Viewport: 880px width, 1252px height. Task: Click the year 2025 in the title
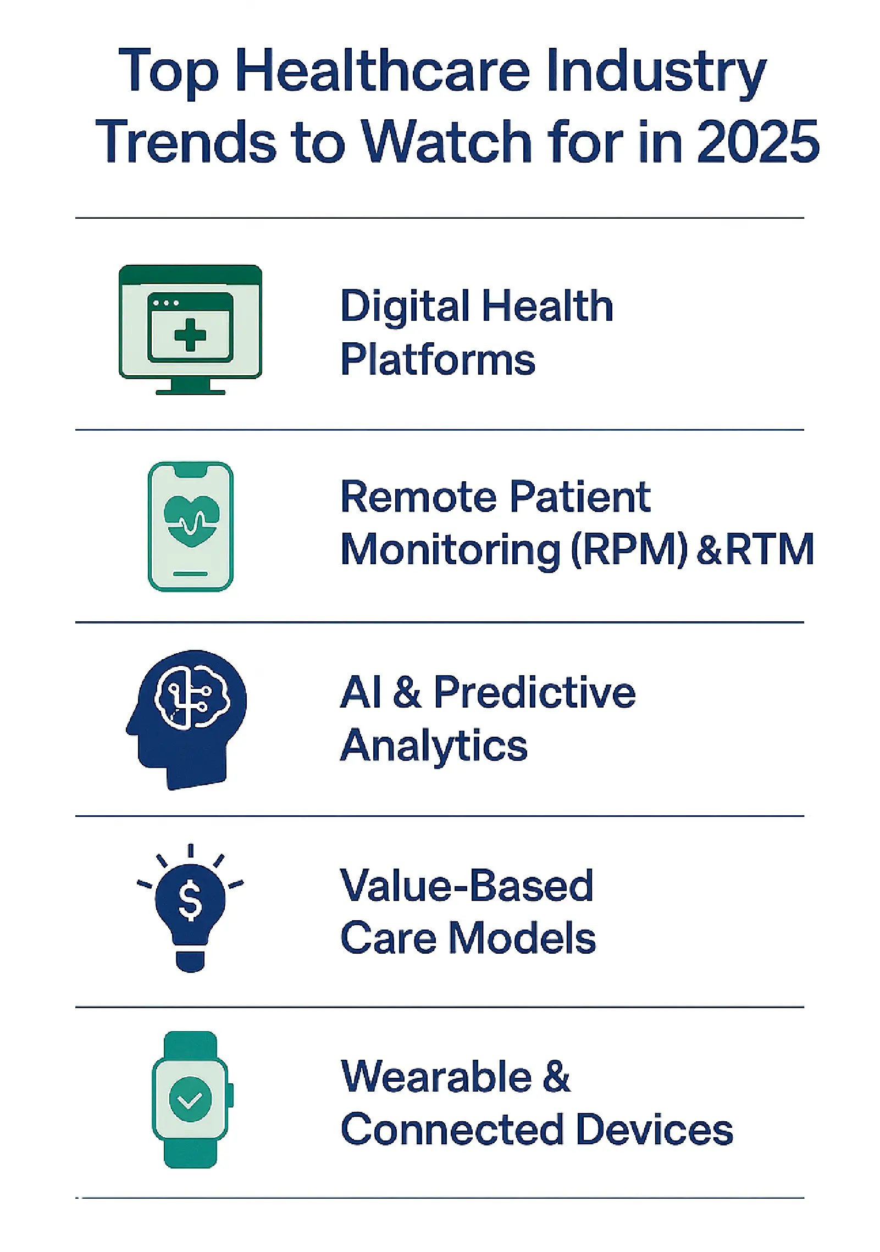click(758, 141)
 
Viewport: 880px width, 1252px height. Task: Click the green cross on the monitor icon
click(190, 335)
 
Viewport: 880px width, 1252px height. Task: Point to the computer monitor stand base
click(190, 392)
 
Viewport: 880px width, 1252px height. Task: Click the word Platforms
click(438, 360)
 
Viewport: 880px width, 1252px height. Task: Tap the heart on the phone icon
click(192, 520)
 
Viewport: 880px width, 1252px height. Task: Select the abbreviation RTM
click(770, 549)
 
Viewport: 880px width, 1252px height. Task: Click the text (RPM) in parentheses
click(629, 549)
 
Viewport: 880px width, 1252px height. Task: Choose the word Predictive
click(534, 693)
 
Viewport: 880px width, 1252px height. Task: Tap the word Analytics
click(434, 746)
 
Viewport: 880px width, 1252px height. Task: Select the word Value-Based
click(467, 885)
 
